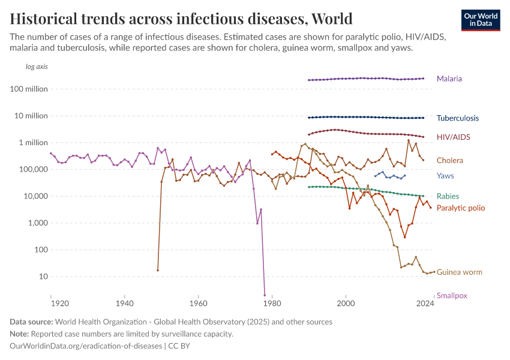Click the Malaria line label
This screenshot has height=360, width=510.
coord(449,79)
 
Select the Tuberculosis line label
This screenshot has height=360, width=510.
coord(457,118)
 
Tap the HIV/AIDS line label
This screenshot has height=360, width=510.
coord(453,137)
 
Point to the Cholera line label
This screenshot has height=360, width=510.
coord(449,160)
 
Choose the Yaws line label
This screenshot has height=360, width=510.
coord(445,176)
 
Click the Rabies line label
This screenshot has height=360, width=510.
coord(448,196)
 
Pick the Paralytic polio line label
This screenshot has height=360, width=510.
coord(460,208)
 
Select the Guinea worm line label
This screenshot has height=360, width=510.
coord(459,272)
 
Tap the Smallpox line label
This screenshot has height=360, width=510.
coord(452,295)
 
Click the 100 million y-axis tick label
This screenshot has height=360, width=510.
coord(30,89)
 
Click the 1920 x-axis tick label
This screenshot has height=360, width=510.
coord(51,303)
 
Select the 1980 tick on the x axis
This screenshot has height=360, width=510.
coord(272,303)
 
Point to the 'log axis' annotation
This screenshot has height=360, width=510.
coord(37,67)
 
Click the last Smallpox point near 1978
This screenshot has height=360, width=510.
coord(265,295)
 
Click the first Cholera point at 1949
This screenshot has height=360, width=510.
coord(158,270)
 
